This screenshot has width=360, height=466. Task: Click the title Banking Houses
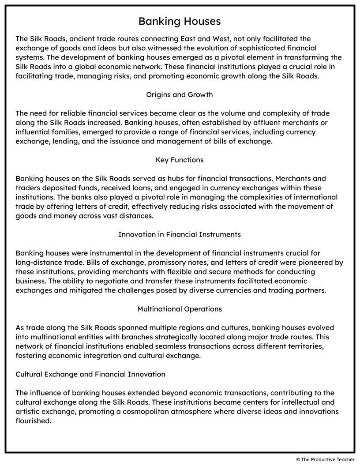[180, 21]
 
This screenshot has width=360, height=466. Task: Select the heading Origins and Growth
[180, 95]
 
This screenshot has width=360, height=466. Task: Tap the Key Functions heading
[180, 160]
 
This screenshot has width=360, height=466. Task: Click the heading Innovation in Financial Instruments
[180, 234]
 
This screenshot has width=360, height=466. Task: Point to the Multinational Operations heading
[180, 309]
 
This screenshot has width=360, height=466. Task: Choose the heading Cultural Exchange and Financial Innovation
[90, 374]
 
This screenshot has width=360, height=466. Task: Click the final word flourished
[34, 421]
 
